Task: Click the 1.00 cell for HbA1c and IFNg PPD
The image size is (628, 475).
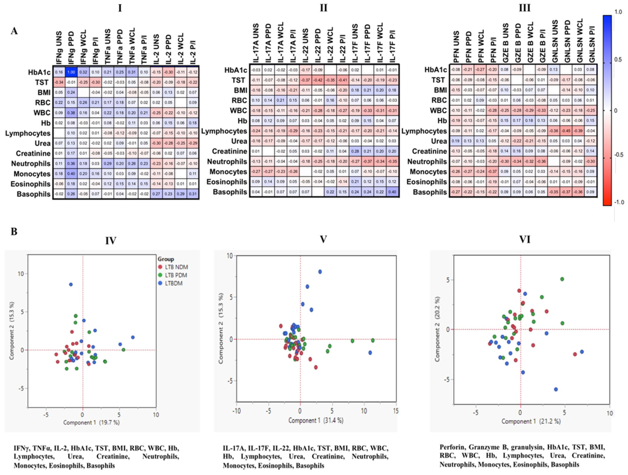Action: point(71,72)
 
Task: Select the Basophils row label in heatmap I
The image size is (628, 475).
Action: point(33,194)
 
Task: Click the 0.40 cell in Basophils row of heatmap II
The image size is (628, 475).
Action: point(393,192)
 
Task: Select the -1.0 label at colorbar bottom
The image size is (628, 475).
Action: point(617,202)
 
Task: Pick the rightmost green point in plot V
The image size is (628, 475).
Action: point(373,340)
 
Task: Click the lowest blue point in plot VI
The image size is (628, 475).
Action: point(556,389)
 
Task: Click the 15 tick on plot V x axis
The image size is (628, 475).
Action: point(396,411)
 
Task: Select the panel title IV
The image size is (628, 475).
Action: point(111,241)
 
